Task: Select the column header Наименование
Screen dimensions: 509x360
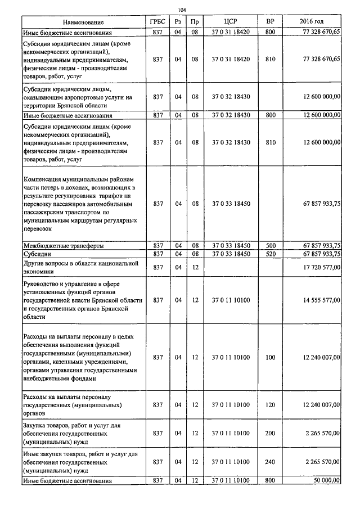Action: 83,22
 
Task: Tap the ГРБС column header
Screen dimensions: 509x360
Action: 157,22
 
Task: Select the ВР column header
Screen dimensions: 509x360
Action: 270,22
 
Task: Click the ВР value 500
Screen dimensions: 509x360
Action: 270,246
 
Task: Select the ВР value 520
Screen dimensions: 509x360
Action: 270,254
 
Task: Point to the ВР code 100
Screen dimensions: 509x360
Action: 270,357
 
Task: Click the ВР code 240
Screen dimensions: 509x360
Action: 270,461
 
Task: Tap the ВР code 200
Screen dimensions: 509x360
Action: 270,433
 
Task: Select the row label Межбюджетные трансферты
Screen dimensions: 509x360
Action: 62,246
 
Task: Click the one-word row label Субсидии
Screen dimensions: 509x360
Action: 38,254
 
